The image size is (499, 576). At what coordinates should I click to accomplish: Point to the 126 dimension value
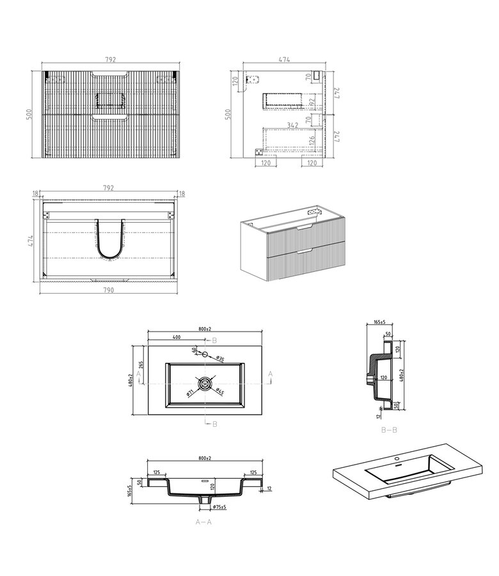tap(311, 140)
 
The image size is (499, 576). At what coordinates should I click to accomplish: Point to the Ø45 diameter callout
tap(218, 391)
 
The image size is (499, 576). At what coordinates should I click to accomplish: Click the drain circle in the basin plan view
tap(205, 383)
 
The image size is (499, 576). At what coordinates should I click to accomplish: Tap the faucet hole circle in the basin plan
tap(205, 353)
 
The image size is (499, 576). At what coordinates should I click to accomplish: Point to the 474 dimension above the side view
tap(284, 60)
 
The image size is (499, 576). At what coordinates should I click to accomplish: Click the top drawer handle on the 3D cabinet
tap(306, 228)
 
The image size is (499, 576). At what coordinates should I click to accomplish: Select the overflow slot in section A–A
tap(205, 480)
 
